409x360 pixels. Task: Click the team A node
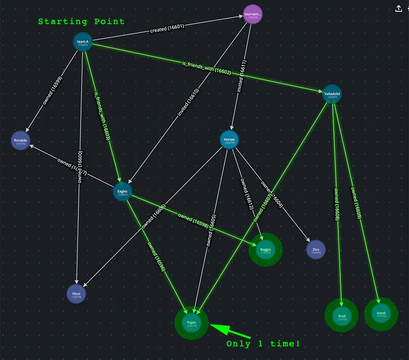(83, 43)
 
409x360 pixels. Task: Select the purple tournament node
(253, 15)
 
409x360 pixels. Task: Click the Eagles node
(122, 192)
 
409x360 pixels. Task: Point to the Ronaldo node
(20, 141)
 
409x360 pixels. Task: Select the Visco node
(76, 295)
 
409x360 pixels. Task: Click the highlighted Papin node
(191, 323)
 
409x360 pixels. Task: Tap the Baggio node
(265, 250)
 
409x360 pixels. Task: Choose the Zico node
(316, 250)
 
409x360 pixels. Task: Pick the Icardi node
(381, 314)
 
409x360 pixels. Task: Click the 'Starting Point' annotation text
(81, 21)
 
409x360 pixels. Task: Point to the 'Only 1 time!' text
(263, 344)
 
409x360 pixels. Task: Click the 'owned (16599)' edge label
(53, 90)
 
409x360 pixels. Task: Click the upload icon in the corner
(399, 9)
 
